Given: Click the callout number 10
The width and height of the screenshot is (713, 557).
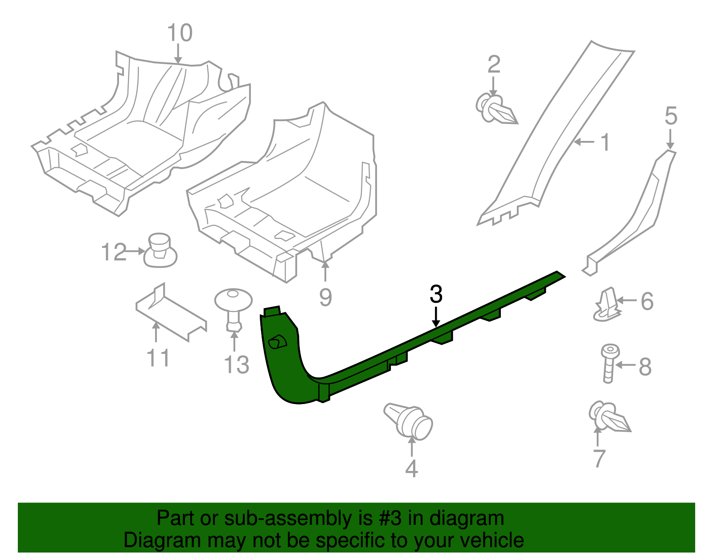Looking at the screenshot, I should (180, 33).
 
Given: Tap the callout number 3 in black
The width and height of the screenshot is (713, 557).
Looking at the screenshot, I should (436, 294).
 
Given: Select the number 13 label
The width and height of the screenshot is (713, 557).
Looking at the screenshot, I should (236, 365).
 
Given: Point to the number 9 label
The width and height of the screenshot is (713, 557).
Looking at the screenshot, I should (325, 297).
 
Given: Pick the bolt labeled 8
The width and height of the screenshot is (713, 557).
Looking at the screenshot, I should (609, 363).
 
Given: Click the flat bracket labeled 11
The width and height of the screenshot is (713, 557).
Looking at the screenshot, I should (170, 312).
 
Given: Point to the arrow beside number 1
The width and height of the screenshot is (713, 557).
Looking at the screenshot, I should (584, 142).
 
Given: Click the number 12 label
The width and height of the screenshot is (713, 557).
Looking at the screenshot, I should (114, 252).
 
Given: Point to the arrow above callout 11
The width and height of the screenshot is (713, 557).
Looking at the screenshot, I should (156, 332).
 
